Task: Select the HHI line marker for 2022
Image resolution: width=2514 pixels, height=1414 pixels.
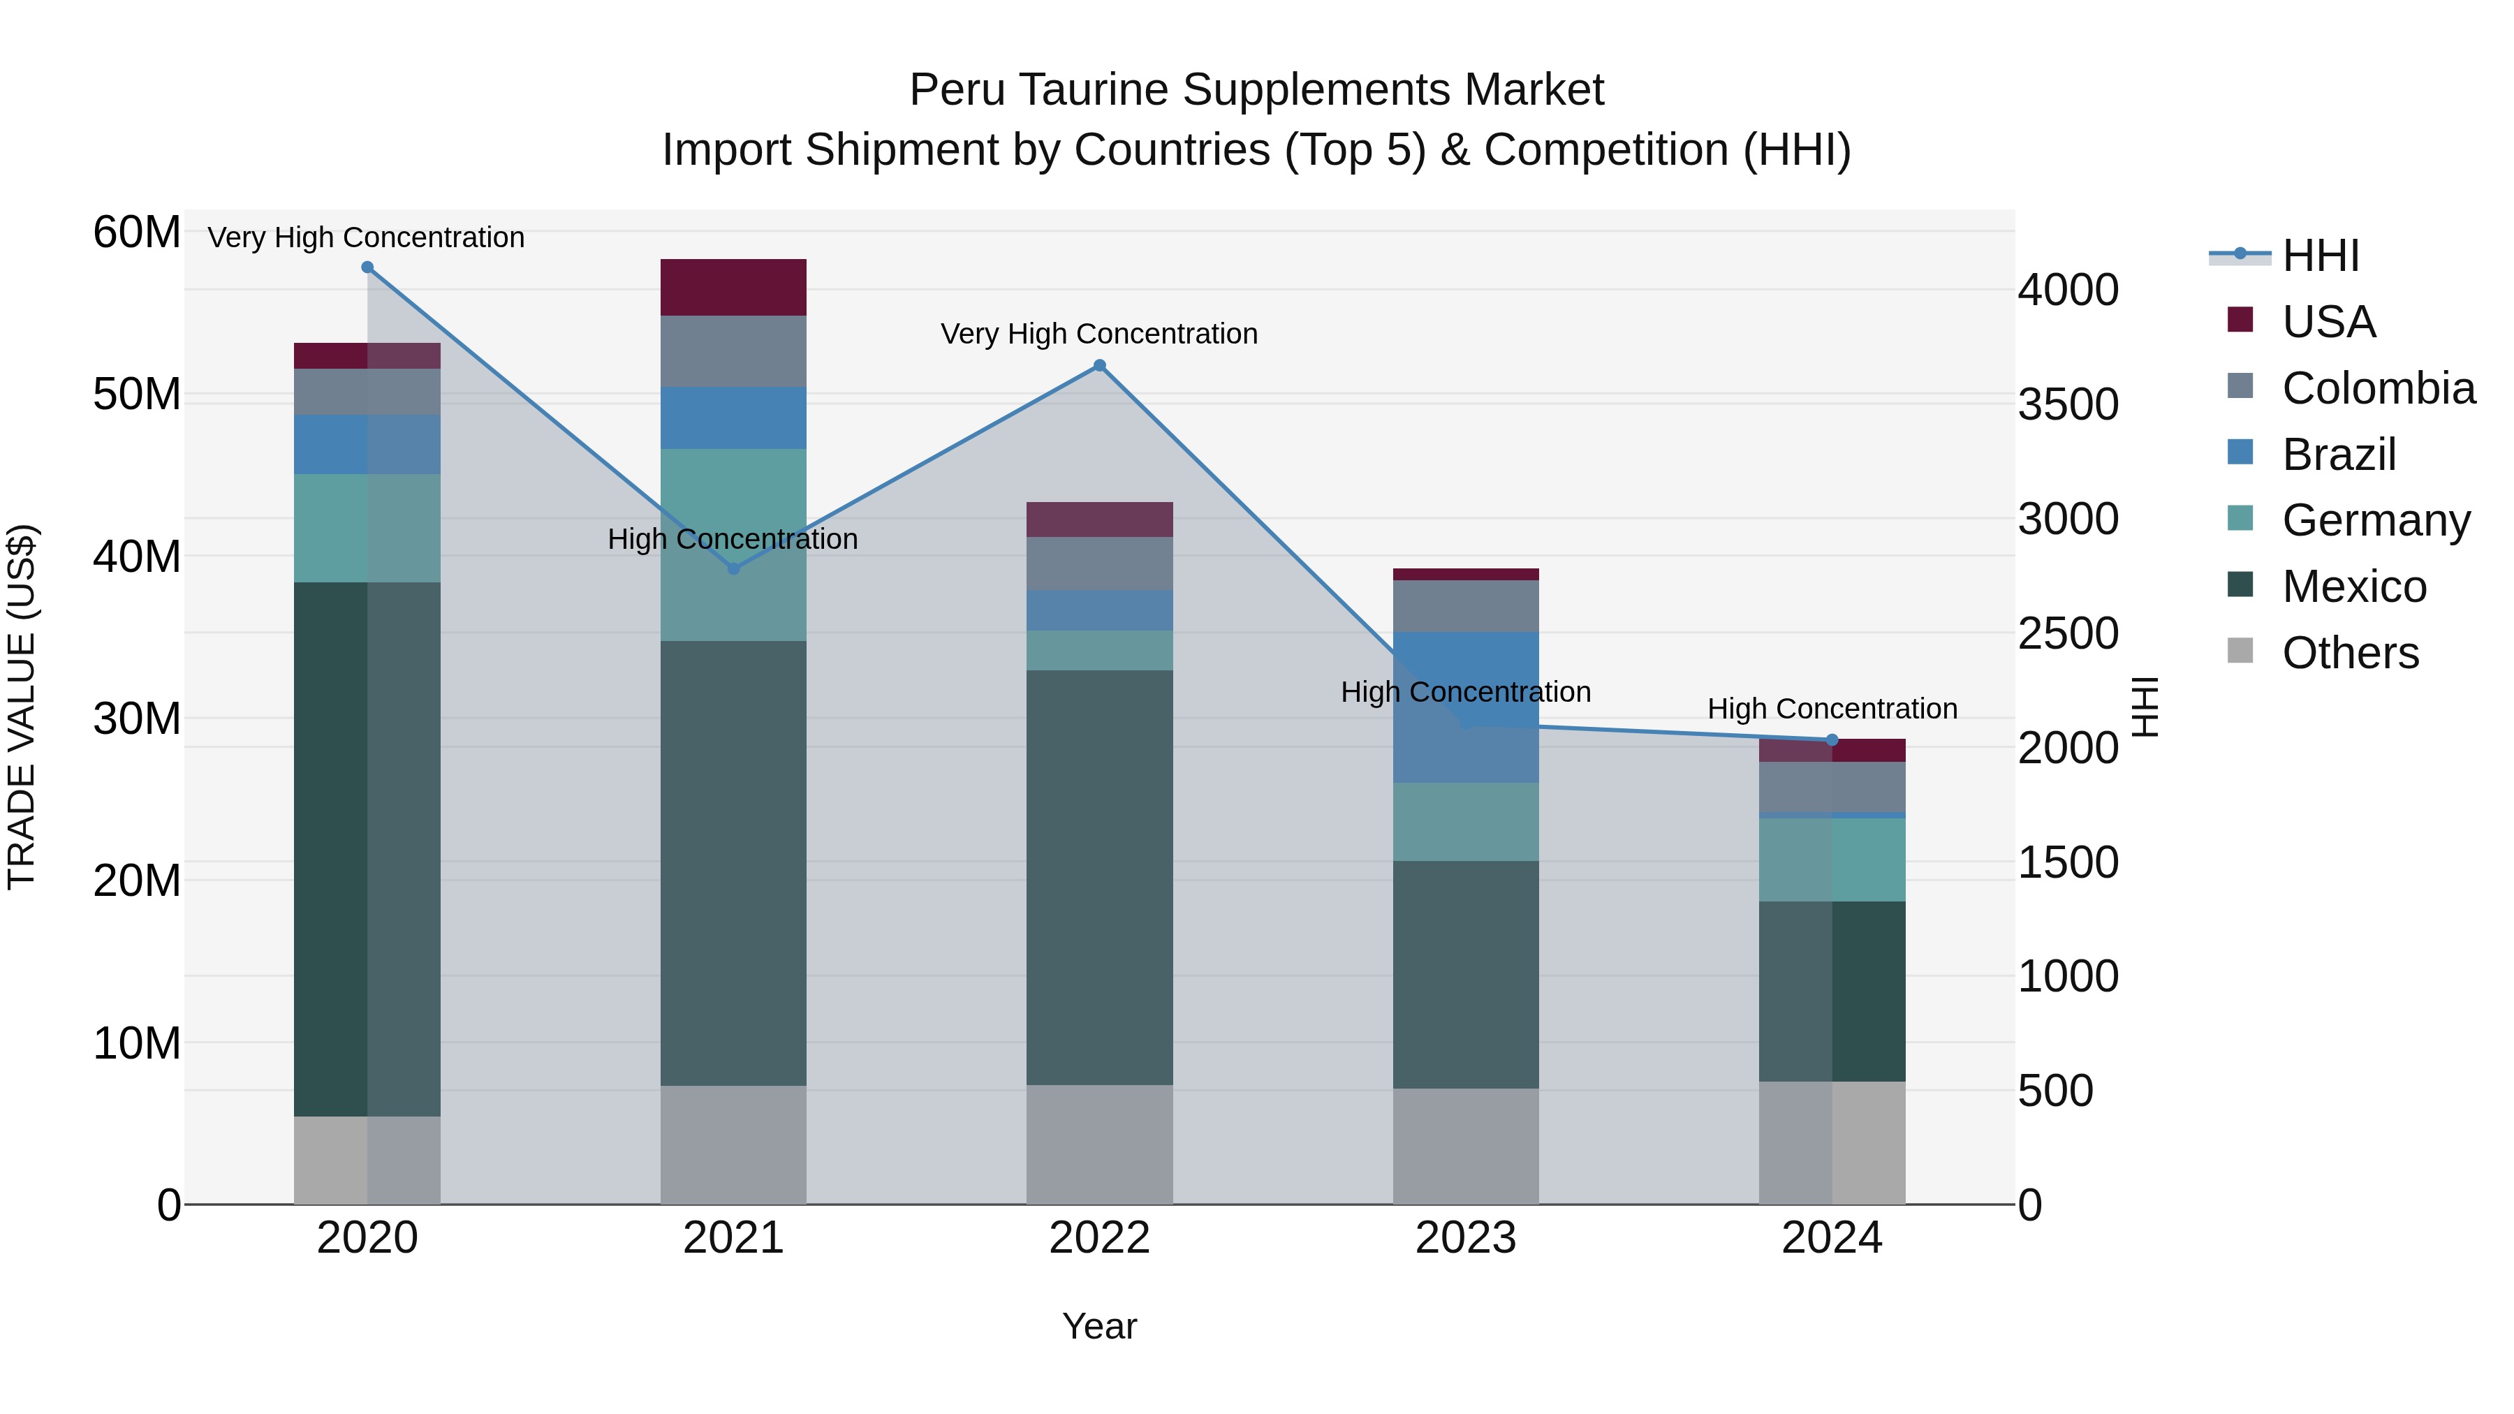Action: pos(1099,366)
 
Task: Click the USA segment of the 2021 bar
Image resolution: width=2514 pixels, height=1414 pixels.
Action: pos(733,287)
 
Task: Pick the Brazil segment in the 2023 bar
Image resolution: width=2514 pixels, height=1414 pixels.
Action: pos(1465,707)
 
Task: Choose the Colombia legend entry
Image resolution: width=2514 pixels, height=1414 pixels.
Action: pos(2377,388)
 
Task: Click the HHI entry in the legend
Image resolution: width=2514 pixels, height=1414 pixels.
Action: pos(2320,256)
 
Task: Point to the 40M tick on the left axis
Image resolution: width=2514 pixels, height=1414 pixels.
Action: pos(137,557)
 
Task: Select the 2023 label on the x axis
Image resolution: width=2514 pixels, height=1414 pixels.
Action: pos(1465,1238)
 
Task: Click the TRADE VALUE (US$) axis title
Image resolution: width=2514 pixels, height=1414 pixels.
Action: pos(22,707)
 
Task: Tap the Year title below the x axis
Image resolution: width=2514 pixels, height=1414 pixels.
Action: pos(1099,1326)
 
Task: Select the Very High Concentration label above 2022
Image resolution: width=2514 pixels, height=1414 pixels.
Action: pos(1099,334)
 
